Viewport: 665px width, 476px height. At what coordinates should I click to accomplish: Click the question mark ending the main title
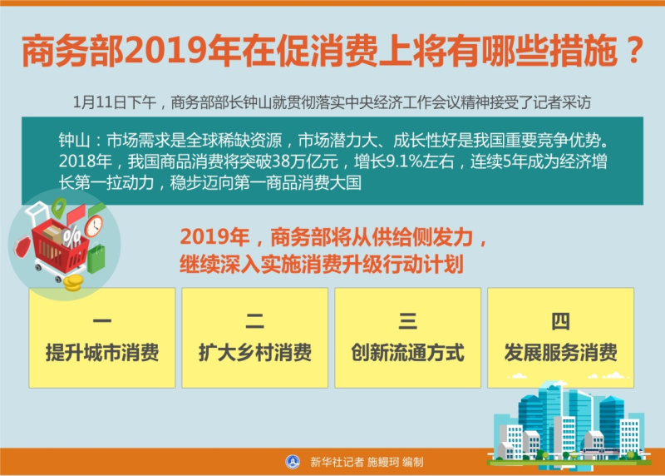(x=634, y=51)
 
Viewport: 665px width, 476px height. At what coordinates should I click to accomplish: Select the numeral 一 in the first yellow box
(x=101, y=321)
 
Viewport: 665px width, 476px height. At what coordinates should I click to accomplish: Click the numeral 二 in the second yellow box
(x=255, y=321)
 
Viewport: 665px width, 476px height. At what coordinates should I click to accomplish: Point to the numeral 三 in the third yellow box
(x=407, y=321)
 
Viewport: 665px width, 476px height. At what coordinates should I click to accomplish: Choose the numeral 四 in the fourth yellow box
(x=560, y=321)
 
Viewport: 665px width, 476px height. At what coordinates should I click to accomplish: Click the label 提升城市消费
(x=102, y=353)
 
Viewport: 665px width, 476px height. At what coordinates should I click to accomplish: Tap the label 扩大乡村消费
(x=255, y=353)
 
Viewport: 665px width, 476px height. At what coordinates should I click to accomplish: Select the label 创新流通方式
(x=407, y=353)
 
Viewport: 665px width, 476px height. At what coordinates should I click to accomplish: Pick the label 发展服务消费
(x=560, y=353)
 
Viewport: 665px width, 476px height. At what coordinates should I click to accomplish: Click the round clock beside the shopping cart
(x=94, y=226)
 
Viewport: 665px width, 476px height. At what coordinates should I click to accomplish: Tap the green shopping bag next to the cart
(x=96, y=259)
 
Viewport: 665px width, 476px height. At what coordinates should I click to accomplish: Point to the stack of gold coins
(x=72, y=282)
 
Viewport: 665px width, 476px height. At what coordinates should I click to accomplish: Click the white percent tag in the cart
(x=71, y=236)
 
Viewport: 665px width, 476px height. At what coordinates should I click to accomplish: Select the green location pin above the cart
(x=59, y=207)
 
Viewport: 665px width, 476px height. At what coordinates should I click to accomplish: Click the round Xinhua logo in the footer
(x=293, y=462)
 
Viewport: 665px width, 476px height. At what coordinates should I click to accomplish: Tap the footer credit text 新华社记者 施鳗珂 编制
(x=367, y=462)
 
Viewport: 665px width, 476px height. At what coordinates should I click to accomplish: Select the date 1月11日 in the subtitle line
(x=100, y=102)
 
